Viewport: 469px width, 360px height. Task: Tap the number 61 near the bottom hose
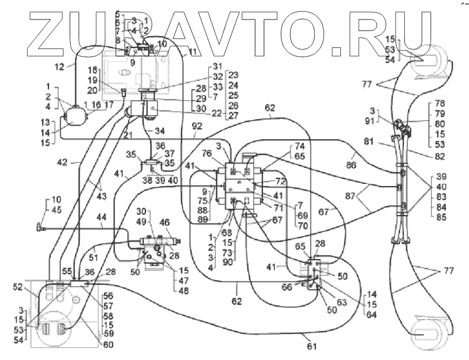tap(312, 346)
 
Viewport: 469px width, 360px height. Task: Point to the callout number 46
tap(165, 222)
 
